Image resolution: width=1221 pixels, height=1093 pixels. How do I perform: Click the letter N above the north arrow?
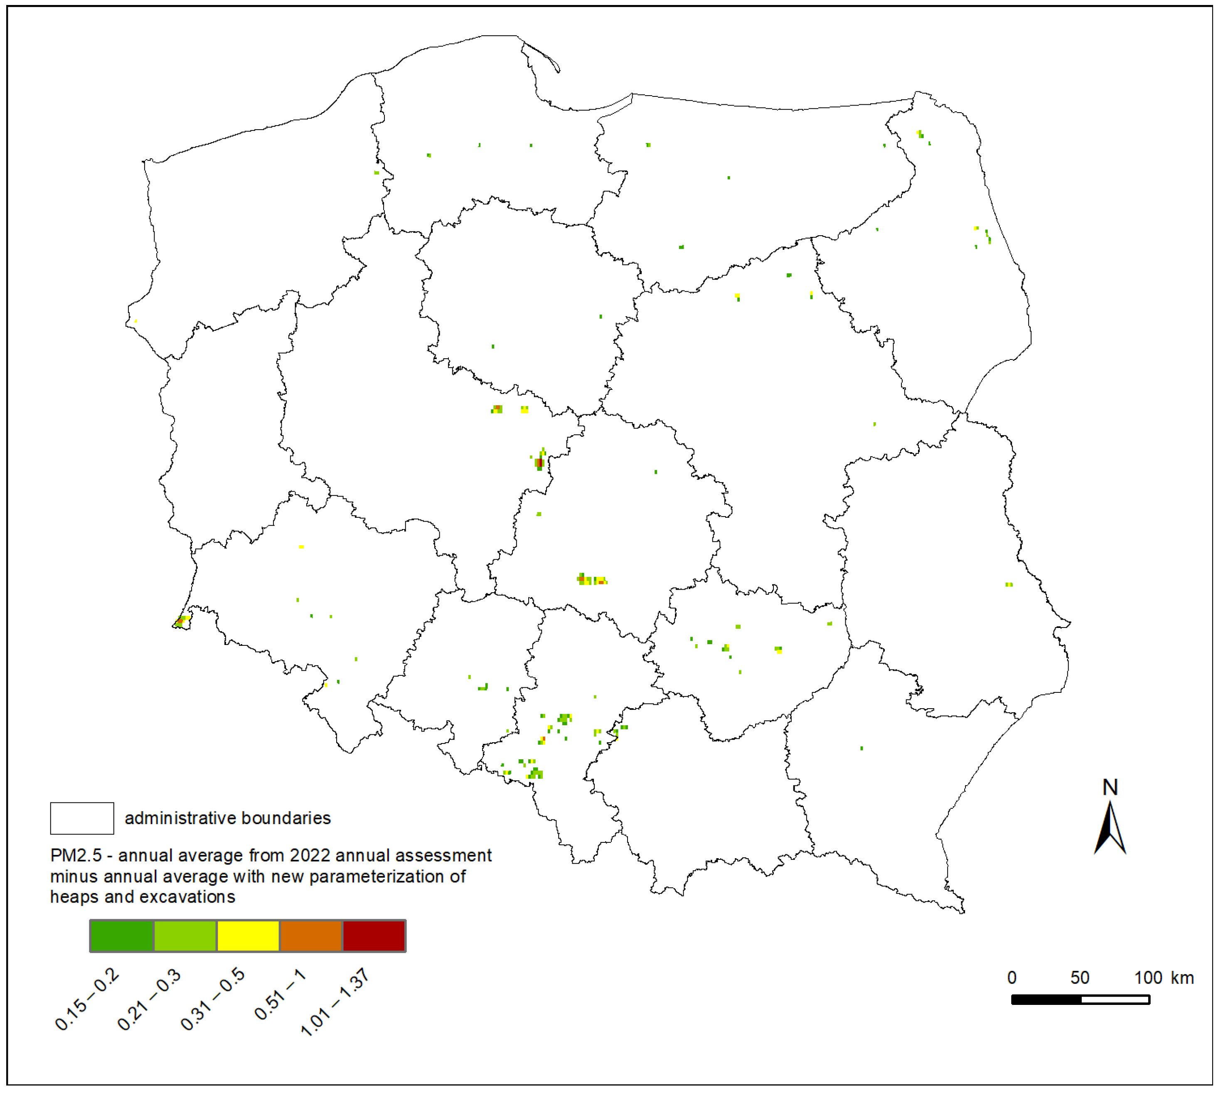1110,787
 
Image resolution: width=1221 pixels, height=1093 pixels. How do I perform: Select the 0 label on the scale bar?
1012,978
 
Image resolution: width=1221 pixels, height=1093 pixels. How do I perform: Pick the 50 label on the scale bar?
1080,978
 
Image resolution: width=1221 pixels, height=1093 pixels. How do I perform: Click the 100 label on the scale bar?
1148,978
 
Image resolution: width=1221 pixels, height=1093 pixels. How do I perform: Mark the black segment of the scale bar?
1046,1000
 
